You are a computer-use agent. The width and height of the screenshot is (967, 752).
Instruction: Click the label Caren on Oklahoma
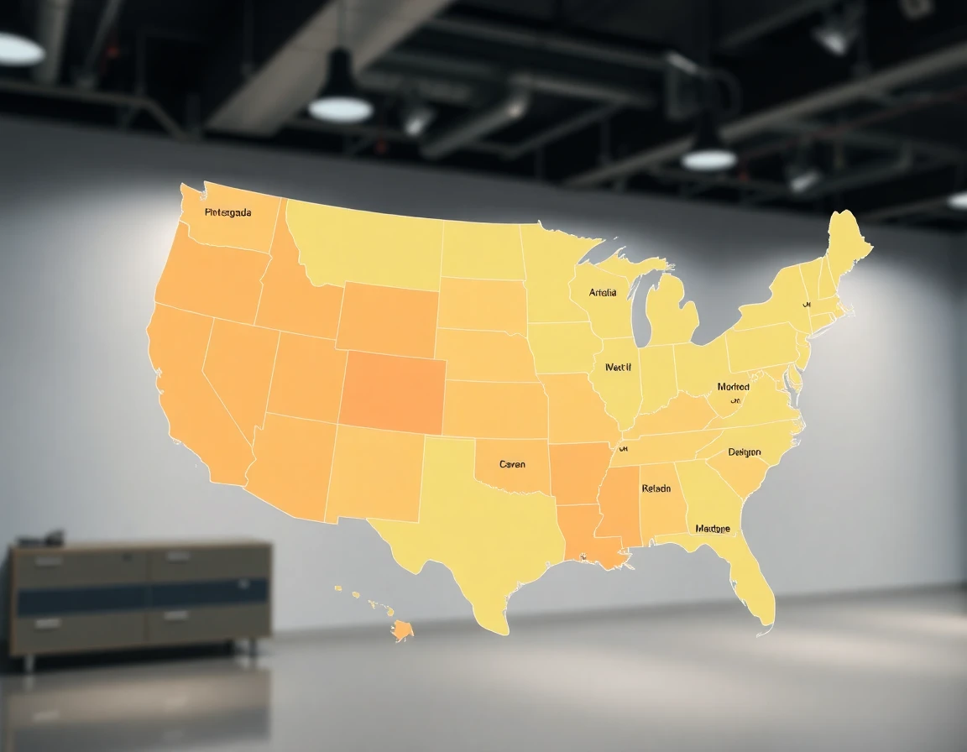point(512,464)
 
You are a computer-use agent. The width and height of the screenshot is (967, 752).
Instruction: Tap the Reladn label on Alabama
point(656,488)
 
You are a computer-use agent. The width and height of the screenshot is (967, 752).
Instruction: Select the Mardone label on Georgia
point(713,529)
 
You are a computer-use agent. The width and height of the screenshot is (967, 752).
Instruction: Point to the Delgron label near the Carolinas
point(745,452)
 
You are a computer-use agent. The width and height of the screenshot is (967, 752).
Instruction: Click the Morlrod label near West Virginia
point(733,387)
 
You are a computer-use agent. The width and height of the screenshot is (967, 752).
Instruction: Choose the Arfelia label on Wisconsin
point(603,293)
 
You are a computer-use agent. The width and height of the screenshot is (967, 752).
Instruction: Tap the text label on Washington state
point(227,212)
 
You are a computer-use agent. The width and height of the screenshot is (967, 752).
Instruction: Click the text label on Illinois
point(618,367)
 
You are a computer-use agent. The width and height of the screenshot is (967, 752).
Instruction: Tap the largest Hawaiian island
point(403,629)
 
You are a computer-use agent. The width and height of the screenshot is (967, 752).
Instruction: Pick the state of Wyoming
point(387,316)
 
